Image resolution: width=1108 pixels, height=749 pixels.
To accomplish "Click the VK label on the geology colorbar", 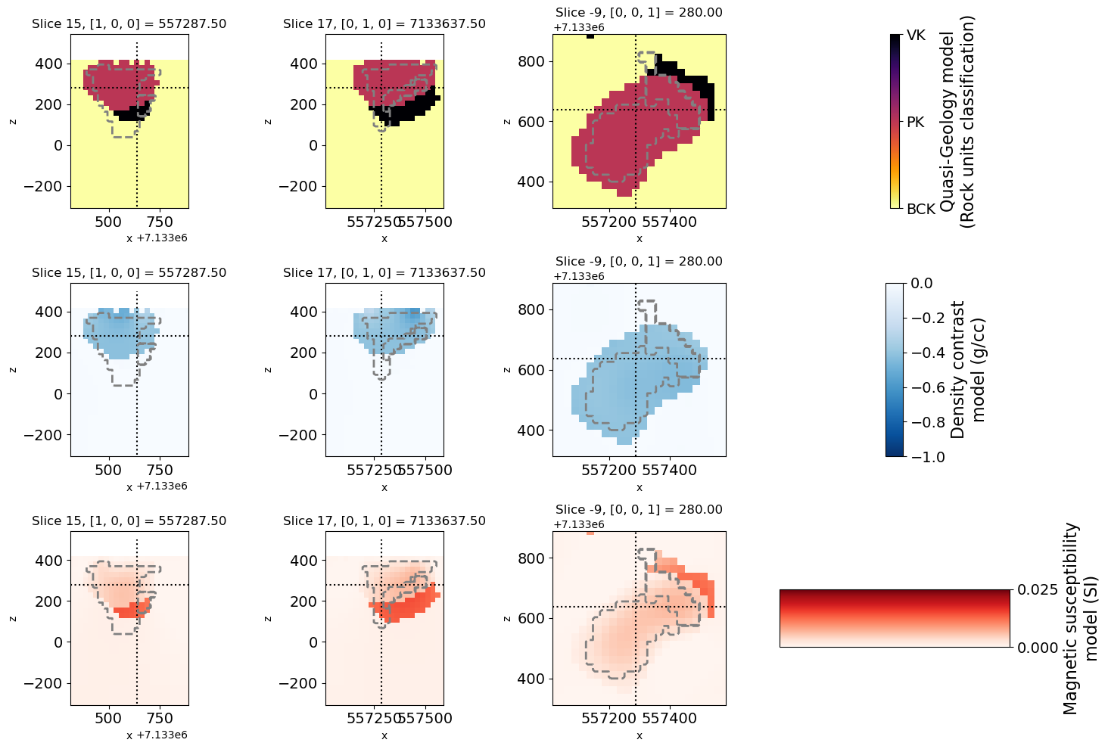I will tap(916, 36).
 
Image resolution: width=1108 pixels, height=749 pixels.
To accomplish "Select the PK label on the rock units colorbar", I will tap(916, 122).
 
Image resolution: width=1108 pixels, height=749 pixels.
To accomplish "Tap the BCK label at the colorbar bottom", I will tap(921, 209).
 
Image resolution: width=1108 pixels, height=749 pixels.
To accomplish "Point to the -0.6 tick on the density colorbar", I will tap(923, 387).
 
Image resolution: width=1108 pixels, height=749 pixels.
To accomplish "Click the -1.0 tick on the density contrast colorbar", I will tap(923, 457).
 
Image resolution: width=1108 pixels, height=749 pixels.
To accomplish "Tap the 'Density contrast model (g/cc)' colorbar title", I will tap(968, 369).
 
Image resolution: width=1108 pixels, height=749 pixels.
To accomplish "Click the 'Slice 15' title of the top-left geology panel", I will tap(129, 24).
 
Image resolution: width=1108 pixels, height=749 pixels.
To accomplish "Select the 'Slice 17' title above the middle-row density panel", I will tap(384, 273).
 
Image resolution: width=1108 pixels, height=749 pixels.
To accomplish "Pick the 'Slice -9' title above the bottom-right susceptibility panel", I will tap(639, 510).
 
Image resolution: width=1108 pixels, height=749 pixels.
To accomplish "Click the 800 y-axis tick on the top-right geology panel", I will tap(532, 61).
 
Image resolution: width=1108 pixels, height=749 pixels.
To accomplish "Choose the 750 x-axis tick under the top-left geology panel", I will tap(160, 222).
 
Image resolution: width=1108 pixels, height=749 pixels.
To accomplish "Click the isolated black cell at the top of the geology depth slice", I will tap(590, 36).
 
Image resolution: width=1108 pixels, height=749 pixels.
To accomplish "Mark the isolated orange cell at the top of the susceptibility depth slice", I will tap(590, 533).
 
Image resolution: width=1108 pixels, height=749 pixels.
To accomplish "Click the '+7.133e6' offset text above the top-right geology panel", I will tap(579, 27).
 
